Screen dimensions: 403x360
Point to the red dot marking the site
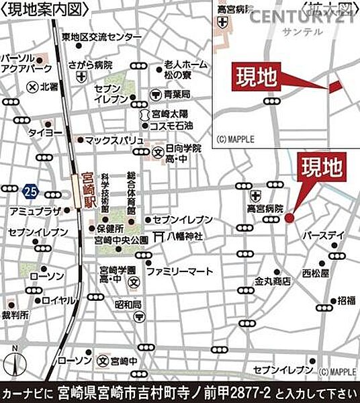tap(289, 218)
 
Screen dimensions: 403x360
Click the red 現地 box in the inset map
tap(256, 78)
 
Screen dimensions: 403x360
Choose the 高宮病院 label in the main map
tap(265, 209)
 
